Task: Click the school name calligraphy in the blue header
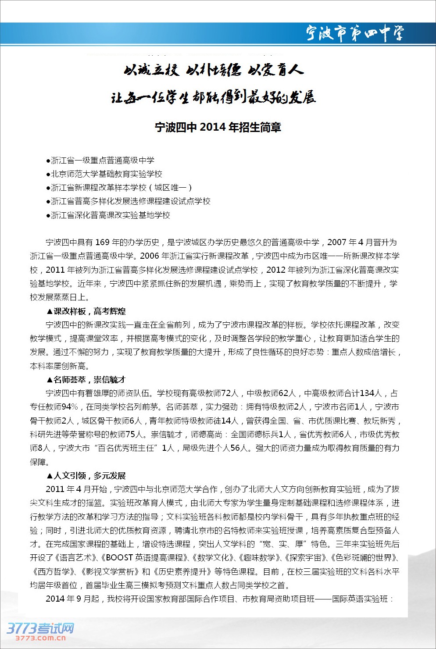354,33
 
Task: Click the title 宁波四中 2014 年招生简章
218,127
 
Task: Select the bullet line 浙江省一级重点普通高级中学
100,160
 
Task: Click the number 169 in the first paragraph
102,242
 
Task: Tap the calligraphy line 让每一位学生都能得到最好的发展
214,97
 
